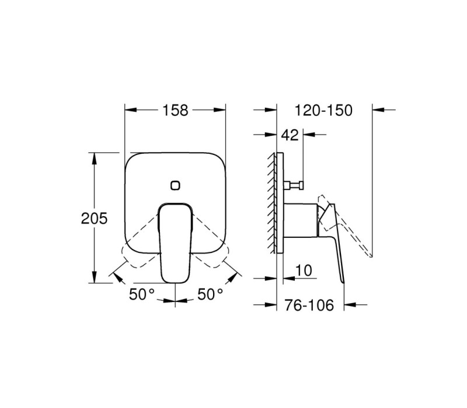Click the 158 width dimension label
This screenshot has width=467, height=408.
click(175, 110)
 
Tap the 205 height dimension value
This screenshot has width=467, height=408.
click(94, 219)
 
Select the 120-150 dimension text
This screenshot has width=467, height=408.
click(323, 110)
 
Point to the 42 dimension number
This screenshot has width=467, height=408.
click(290, 135)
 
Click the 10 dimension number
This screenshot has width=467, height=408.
click(304, 270)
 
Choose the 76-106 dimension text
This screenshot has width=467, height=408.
click(309, 305)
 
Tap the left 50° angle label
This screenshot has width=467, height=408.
click(142, 295)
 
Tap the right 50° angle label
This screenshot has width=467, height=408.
click(210, 295)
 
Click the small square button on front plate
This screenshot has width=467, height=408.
click(176, 185)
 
